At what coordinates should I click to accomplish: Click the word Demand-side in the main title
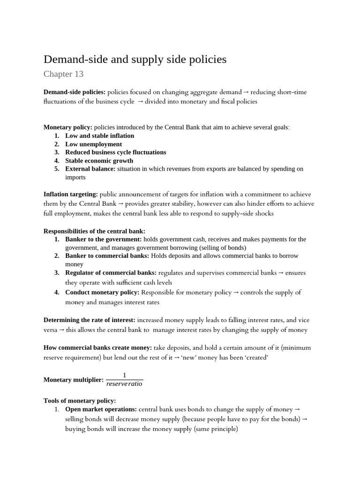(75, 60)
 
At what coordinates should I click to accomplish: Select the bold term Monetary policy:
(68, 127)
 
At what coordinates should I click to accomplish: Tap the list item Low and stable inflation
(99, 135)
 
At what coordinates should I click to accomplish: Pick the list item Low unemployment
(93, 144)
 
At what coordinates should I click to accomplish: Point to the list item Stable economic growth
(99, 161)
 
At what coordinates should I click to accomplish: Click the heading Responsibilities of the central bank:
(94, 231)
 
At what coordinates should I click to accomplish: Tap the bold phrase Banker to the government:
(103, 240)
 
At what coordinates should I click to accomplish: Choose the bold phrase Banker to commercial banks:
(107, 256)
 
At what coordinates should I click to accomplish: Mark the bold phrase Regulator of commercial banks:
(111, 273)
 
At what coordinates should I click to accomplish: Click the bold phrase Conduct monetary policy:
(102, 292)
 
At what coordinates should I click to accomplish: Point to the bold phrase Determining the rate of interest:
(90, 320)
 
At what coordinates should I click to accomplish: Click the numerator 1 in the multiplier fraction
(124, 375)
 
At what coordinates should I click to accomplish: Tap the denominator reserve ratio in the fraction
(124, 384)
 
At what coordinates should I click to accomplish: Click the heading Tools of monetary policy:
(79, 401)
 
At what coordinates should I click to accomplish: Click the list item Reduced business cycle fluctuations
(115, 152)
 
